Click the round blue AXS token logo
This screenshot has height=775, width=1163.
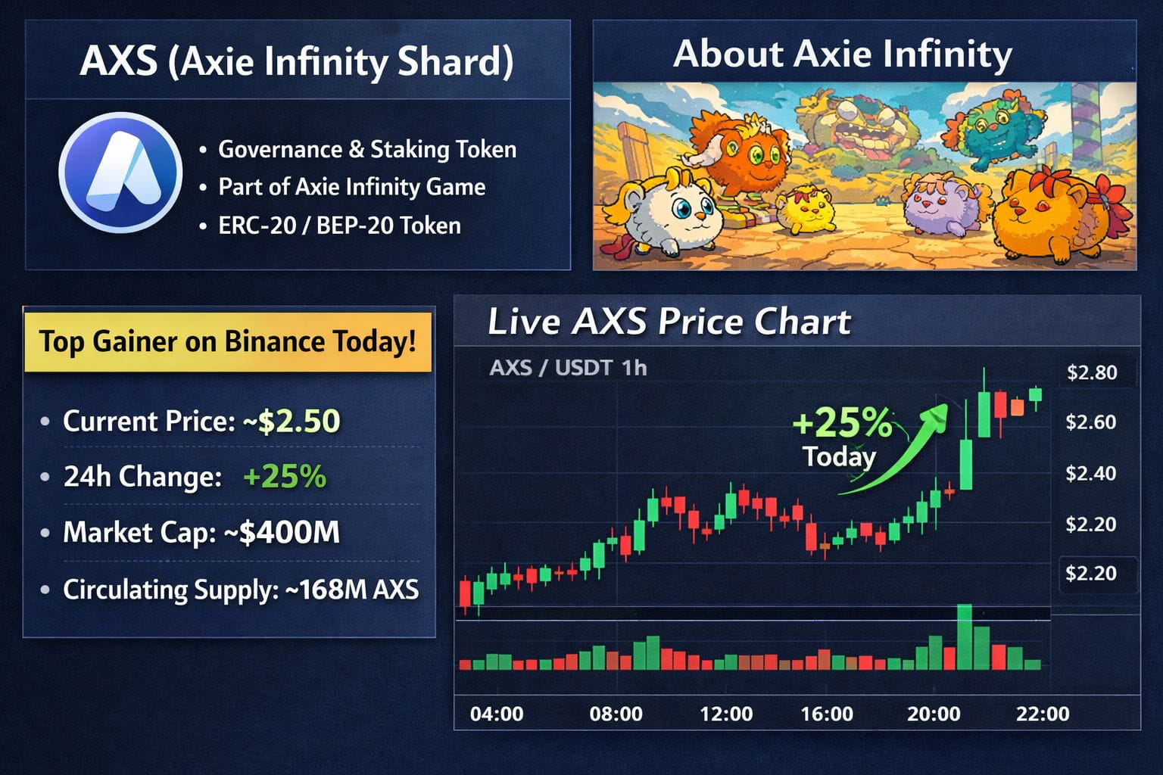pos(120,173)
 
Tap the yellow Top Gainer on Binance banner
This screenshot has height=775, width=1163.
pos(228,341)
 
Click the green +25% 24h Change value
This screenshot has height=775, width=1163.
pos(285,477)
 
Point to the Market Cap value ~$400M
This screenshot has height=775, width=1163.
pos(282,533)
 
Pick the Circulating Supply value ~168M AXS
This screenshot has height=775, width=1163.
pos(352,590)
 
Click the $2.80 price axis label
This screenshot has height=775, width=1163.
pos(1091,372)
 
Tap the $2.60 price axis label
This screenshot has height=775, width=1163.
pos(1090,422)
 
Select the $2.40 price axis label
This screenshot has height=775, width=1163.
pos(1090,473)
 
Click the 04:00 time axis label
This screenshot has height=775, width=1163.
pos(497,714)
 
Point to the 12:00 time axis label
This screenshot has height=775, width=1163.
pos(726,714)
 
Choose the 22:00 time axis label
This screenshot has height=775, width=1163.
pos(1043,714)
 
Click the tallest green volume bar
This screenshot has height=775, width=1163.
pos(965,637)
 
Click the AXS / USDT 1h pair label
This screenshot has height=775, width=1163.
pos(568,368)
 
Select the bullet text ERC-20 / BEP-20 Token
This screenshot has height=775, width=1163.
pos(339,226)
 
